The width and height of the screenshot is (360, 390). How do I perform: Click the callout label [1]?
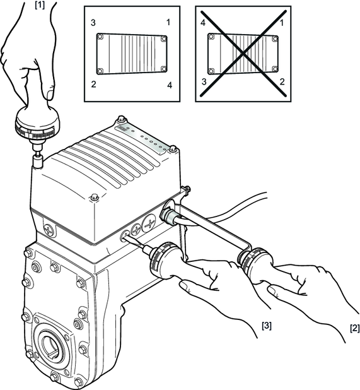point(40,5)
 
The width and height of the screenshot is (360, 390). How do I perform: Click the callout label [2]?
point(355,328)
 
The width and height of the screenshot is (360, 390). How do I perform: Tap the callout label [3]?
point(267,326)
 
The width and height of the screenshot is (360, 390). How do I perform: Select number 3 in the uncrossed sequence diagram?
point(93,23)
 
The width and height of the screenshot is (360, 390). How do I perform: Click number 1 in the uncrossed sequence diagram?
point(168,22)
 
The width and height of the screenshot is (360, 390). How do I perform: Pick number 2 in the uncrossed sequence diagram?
point(93,85)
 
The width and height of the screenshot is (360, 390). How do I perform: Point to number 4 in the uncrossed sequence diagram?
point(170,85)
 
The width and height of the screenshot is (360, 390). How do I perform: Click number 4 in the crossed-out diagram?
point(203,23)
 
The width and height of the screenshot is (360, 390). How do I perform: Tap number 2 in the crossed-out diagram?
point(282,81)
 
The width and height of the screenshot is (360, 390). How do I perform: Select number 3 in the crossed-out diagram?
point(204,81)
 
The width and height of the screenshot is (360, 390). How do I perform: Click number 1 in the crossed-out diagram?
point(282,23)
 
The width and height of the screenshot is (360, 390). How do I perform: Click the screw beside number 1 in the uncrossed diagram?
point(163,38)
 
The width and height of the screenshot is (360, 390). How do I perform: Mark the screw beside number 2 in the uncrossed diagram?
point(100,71)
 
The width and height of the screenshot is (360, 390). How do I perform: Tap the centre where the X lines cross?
point(243,53)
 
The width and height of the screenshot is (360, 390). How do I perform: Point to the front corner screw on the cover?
point(95,198)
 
